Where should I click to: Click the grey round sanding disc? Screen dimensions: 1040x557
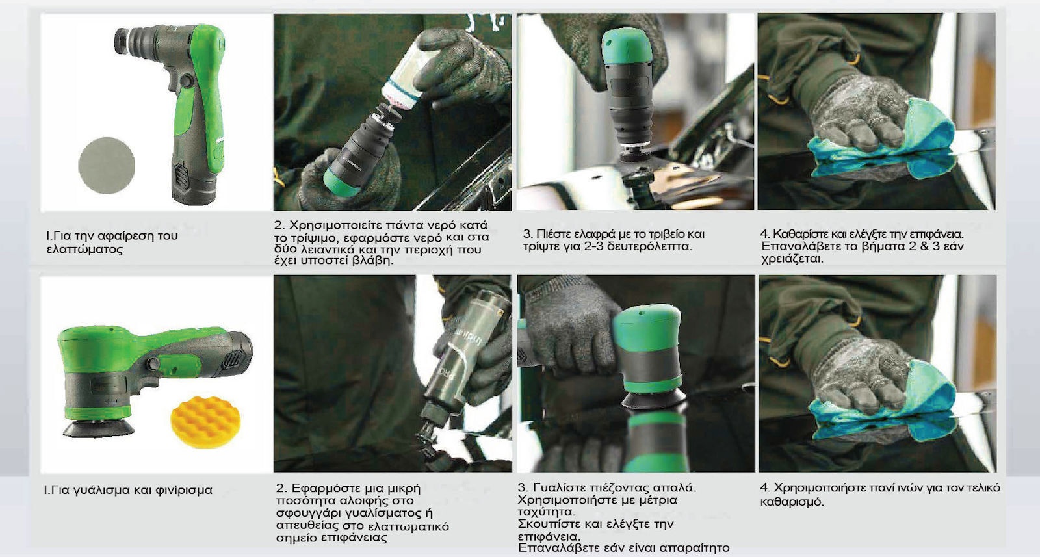[107, 165]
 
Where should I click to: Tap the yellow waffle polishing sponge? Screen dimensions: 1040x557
[205, 422]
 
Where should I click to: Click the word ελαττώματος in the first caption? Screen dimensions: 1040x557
[85, 250]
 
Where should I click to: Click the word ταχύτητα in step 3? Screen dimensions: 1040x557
[546, 512]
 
